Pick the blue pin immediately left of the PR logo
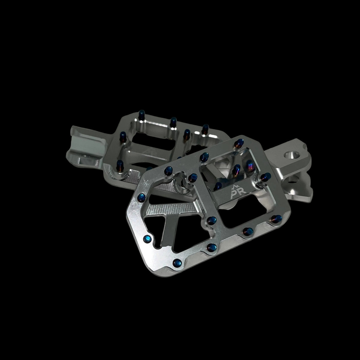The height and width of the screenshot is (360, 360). pyautogui.click(x=218, y=186)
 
